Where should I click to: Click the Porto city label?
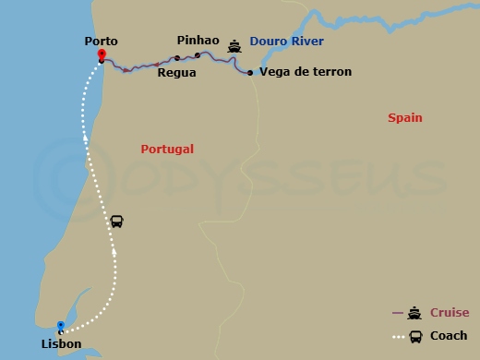pyautogui.click(x=101, y=41)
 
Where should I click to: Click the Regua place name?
pyautogui.click(x=176, y=72)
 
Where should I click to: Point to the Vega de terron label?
pyautogui.click(x=306, y=72)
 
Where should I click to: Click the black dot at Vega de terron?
pyautogui.click(x=250, y=72)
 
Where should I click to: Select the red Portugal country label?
pyautogui.click(x=167, y=149)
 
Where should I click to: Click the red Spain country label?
pyautogui.click(x=404, y=118)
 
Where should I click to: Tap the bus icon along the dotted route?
pyautogui.click(x=117, y=222)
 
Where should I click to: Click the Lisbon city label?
pyautogui.click(x=61, y=344)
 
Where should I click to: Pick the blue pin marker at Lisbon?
pyautogui.click(x=61, y=327)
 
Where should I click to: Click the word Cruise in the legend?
pyautogui.click(x=450, y=313)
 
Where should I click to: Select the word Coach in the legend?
pyautogui.click(x=449, y=336)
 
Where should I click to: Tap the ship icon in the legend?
pyautogui.click(x=415, y=313)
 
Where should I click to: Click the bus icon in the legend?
pyautogui.click(x=416, y=336)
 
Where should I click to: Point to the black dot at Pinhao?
pyautogui.click(x=197, y=55)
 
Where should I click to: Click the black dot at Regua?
pyautogui.click(x=177, y=58)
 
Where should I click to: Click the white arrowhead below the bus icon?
pyautogui.click(x=114, y=249)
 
